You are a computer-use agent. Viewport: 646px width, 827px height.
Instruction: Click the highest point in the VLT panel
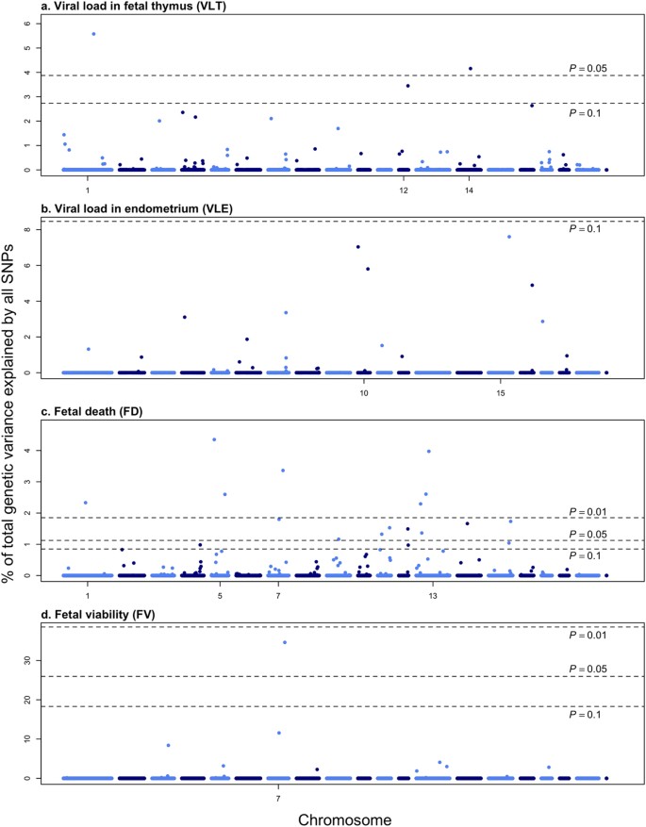[93, 34]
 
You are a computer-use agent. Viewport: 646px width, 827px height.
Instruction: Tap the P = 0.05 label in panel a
[590, 67]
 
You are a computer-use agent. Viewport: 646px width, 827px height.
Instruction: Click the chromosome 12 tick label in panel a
[404, 191]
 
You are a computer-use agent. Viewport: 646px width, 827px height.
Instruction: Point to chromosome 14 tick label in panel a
[470, 191]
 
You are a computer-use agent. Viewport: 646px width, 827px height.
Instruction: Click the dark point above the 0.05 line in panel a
[470, 68]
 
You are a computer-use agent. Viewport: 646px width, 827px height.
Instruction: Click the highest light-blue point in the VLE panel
[509, 237]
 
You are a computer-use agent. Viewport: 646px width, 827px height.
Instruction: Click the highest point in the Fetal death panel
[215, 439]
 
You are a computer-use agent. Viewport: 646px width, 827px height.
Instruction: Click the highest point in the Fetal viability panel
[285, 642]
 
